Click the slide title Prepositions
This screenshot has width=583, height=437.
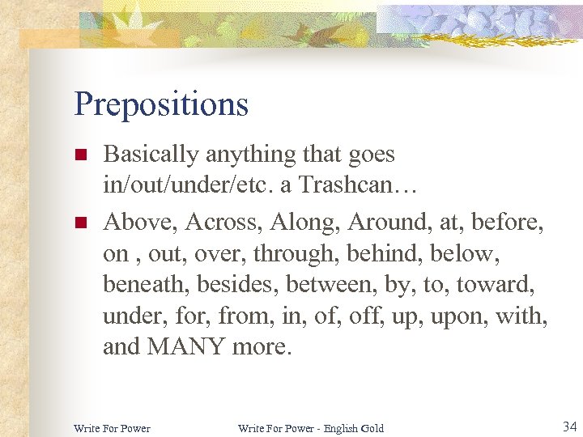(160, 104)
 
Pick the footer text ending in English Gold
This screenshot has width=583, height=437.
(310, 427)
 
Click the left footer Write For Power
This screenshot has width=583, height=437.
(112, 427)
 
